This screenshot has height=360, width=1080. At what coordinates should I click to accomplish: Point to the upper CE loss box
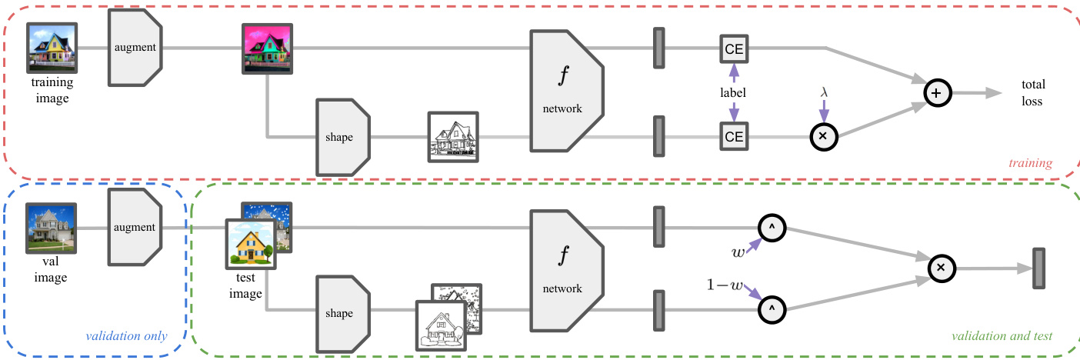click(x=734, y=48)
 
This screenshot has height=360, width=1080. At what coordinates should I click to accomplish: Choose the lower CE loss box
click(x=734, y=137)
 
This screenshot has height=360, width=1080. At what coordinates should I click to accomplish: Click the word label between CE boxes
click(x=734, y=92)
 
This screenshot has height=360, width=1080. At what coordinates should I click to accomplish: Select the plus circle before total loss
click(x=936, y=92)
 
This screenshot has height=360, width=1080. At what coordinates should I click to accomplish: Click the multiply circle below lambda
click(x=824, y=136)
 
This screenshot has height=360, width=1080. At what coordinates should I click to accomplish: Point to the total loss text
click(x=1033, y=92)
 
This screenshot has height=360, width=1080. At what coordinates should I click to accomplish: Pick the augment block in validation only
click(x=135, y=228)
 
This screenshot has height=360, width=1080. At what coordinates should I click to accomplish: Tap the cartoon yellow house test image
click(x=250, y=245)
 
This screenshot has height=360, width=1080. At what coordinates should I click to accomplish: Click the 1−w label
click(x=725, y=285)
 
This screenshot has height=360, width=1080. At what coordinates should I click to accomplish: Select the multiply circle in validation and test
click(x=940, y=268)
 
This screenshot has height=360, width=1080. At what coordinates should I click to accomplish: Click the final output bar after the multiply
click(x=1038, y=268)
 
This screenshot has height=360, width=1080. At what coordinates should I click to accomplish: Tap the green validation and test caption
click(x=1002, y=337)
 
